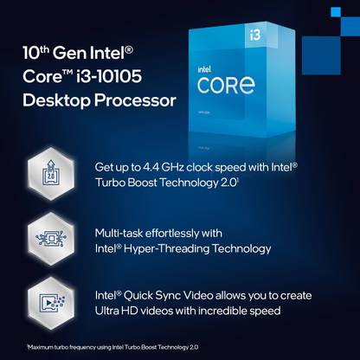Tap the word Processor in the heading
135,100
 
